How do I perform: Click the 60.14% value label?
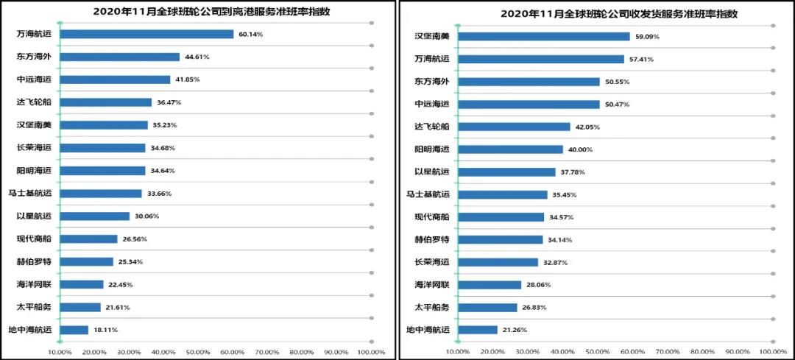click(249, 34)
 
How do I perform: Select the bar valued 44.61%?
click(119, 57)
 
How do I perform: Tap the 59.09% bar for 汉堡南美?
click(544, 36)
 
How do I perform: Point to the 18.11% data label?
click(105, 330)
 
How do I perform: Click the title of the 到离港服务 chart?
click(199, 12)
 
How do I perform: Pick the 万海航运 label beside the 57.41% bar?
click(433, 59)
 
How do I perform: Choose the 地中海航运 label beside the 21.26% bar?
click(428, 330)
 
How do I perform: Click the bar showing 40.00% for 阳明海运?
click(510, 149)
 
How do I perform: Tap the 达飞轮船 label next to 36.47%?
click(34, 102)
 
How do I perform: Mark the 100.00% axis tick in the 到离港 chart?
click(371, 352)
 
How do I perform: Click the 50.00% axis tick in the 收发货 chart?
click(598, 352)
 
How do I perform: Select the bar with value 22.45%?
click(82, 284)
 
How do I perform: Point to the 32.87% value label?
click(554, 262)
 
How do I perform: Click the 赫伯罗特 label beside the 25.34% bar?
click(34, 261)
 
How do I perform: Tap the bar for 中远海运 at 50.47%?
click(529, 104)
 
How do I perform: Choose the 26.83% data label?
click(534, 308)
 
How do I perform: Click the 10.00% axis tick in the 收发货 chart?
click(458, 352)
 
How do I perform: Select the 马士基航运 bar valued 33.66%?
click(101, 194)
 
